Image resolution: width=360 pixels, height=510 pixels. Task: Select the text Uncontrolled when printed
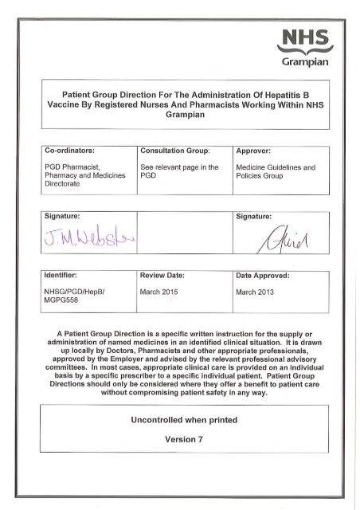pyautogui.click(x=180, y=418)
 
